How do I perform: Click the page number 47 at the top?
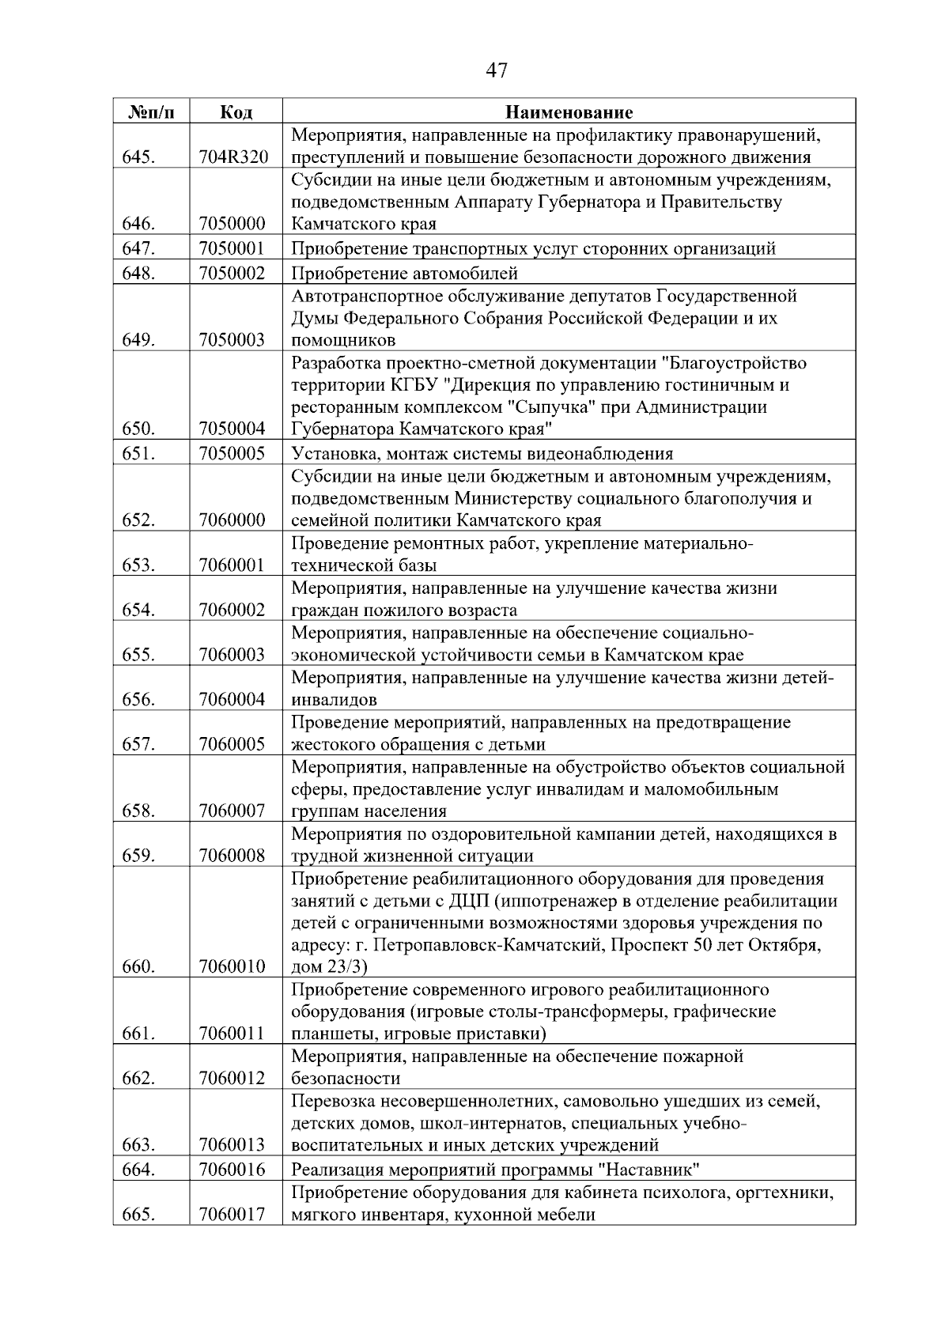pyautogui.click(x=497, y=71)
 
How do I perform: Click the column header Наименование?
pyautogui.click(x=569, y=112)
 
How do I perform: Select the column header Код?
pyautogui.click(x=235, y=112)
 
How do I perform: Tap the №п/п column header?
pyautogui.click(x=150, y=112)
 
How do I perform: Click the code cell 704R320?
pyautogui.click(x=234, y=157)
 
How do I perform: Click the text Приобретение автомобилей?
pyautogui.click(x=405, y=274)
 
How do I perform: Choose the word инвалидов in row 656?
pyautogui.click(x=334, y=699)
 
